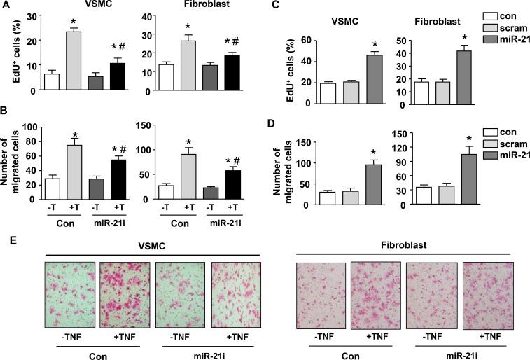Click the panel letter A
coord(6,6)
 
